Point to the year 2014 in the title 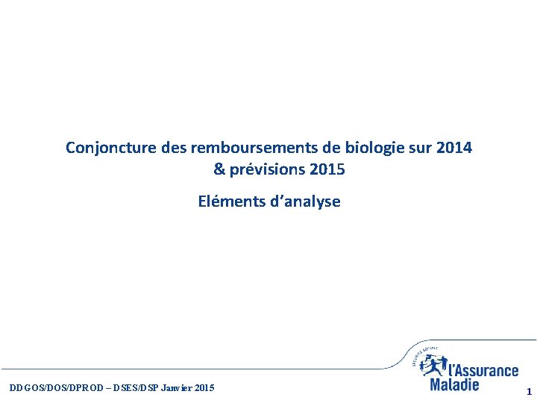454,148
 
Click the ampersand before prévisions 219,169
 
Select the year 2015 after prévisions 327,169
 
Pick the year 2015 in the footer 204,388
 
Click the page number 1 528,391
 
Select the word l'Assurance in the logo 483,371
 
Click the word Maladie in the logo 454,385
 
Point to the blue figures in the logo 433,365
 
